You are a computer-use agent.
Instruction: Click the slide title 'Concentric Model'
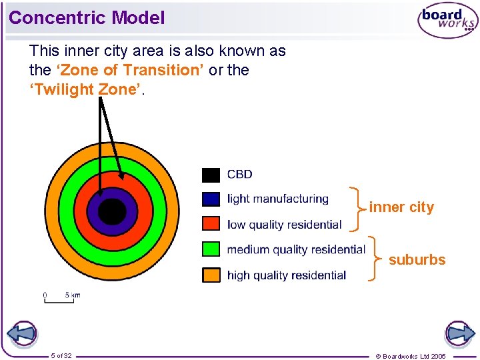pyautogui.click(x=87, y=18)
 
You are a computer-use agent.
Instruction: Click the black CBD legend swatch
pyautogui.click(x=211, y=175)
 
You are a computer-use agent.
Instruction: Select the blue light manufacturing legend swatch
pyautogui.click(x=211, y=199)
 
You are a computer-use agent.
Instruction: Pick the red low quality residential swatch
pyautogui.click(x=211, y=224)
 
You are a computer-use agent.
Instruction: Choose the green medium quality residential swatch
pyautogui.click(x=211, y=249)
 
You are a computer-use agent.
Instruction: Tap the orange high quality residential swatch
pyautogui.click(x=211, y=275)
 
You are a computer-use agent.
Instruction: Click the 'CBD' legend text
pyautogui.click(x=239, y=175)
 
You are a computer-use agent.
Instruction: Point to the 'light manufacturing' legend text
pyautogui.click(x=277, y=199)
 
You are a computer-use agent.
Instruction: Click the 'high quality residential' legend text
pyautogui.click(x=286, y=275)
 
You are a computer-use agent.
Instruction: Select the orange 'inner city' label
pyautogui.click(x=401, y=207)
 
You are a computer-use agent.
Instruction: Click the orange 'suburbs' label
pyautogui.click(x=417, y=260)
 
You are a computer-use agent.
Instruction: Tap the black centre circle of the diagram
pyautogui.click(x=112, y=212)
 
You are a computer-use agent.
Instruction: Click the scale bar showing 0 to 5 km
pyautogui.click(x=61, y=297)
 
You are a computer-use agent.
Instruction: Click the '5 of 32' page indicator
pyautogui.click(x=61, y=355)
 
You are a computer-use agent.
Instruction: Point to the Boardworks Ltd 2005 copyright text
pyautogui.click(x=411, y=356)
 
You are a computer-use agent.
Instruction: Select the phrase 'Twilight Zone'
pyautogui.click(x=85, y=89)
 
